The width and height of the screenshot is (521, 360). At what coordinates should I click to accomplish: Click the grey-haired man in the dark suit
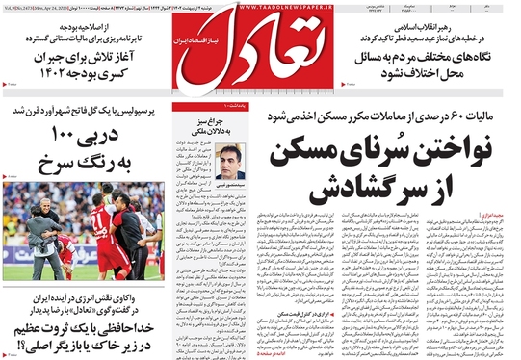40,231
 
